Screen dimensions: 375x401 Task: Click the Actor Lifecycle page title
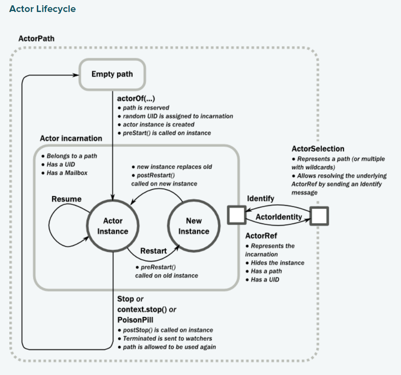point(42,9)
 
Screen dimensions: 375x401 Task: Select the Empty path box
point(112,74)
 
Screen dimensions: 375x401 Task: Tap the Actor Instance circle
point(113,226)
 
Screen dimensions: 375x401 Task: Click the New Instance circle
point(194,226)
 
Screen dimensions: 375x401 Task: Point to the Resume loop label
point(67,199)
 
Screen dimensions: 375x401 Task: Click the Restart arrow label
point(153,251)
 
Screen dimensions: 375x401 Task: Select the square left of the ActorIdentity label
point(236,215)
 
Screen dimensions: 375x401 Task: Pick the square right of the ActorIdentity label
point(319,216)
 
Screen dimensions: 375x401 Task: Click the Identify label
point(261,198)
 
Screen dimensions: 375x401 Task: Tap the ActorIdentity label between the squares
point(278,217)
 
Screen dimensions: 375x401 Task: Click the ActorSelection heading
point(318,149)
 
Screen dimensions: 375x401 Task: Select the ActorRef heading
point(261,236)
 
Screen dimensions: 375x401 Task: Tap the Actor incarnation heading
point(71,138)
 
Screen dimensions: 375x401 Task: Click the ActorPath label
point(36,39)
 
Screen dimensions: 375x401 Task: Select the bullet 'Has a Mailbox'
point(69,173)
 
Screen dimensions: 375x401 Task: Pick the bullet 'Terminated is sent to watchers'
point(167,338)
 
